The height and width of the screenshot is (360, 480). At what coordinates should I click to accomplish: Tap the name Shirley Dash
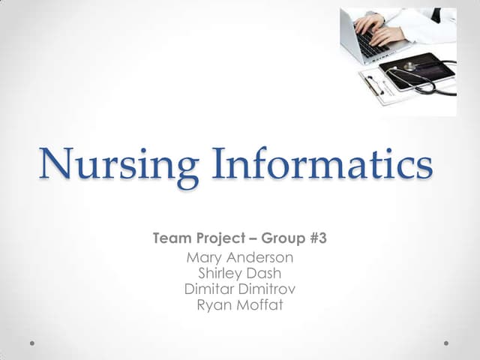click(239, 274)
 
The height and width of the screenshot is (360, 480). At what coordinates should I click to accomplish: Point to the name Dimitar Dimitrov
click(239, 289)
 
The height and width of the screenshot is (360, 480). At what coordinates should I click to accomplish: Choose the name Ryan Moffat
click(239, 304)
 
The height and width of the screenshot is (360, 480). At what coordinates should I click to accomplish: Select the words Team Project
click(199, 239)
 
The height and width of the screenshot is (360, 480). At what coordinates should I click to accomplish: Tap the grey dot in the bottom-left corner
click(33, 343)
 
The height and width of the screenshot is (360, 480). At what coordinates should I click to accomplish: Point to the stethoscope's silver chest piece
click(409, 67)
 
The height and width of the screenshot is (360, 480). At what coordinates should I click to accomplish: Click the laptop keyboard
click(370, 44)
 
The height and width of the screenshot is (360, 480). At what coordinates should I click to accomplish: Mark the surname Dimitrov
click(266, 289)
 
